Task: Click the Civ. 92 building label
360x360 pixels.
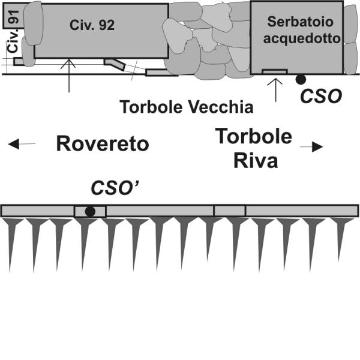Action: tap(92, 25)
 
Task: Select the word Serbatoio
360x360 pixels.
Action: tap(296, 22)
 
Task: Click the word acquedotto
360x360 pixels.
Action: tap(296, 38)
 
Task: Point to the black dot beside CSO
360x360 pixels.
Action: tap(300, 79)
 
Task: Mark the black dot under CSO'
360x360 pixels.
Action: tap(90, 211)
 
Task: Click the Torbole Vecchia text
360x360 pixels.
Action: tap(187, 107)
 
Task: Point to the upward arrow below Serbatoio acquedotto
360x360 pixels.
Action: tap(275, 89)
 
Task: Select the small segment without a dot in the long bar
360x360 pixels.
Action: tap(229, 211)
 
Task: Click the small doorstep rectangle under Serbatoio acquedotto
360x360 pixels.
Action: tap(275, 71)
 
